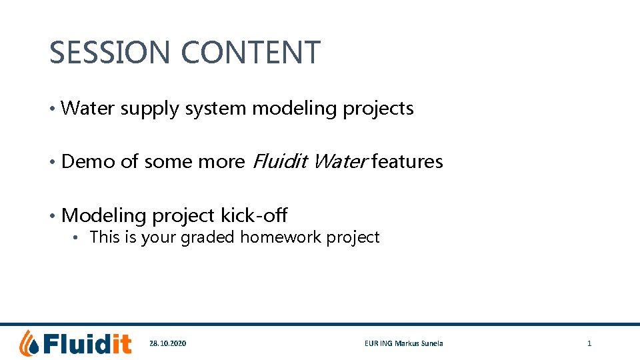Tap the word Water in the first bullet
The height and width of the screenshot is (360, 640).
tap(88, 108)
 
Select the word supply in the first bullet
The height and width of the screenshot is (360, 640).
tap(150, 109)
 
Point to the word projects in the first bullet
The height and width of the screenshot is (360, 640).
tap(378, 109)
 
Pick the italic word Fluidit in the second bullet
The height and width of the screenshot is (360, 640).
tap(279, 161)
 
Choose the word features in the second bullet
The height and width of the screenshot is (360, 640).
tap(407, 161)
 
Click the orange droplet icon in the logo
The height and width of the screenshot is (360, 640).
tap(29, 343)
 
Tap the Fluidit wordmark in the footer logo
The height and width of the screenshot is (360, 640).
tap(87, 343)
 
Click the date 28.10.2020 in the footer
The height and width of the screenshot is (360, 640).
tap(168, 343)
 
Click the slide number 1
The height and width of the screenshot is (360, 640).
tap(589, 343)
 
